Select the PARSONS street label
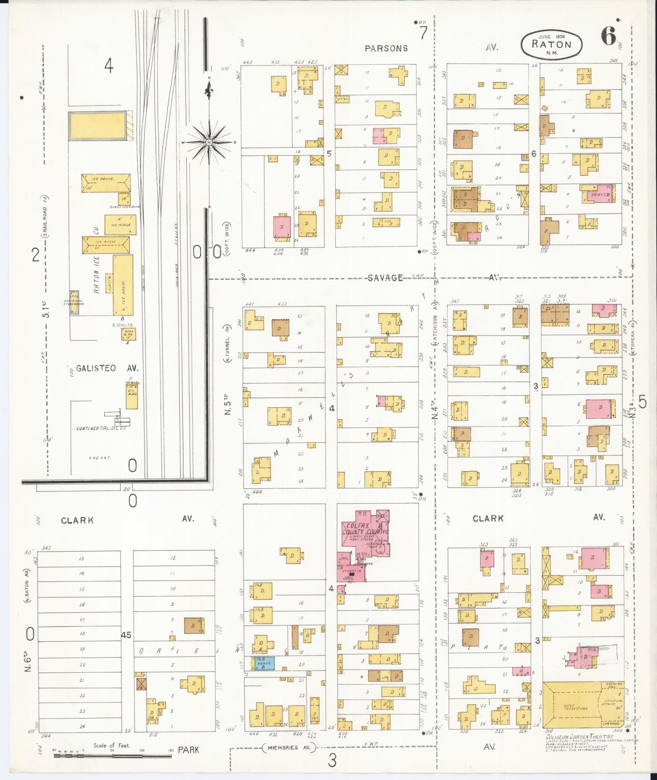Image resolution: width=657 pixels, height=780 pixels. tap(386, 48)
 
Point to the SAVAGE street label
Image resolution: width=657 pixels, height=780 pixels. tap(385, 278)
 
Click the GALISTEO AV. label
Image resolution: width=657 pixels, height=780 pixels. tap(108, 368)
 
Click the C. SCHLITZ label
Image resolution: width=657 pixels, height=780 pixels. tap(123, 325)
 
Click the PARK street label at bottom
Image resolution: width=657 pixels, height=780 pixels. tap(188, 749)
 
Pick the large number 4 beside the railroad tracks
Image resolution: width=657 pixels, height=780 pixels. tap(108, 66)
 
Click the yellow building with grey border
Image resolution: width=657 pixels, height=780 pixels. tap(97, 126)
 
